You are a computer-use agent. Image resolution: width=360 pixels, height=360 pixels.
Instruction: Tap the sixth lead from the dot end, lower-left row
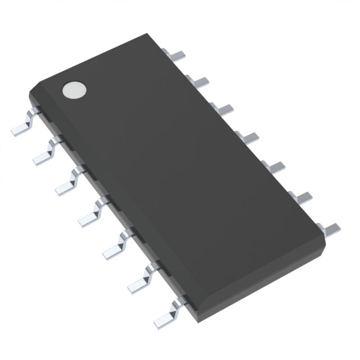[139, 280]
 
